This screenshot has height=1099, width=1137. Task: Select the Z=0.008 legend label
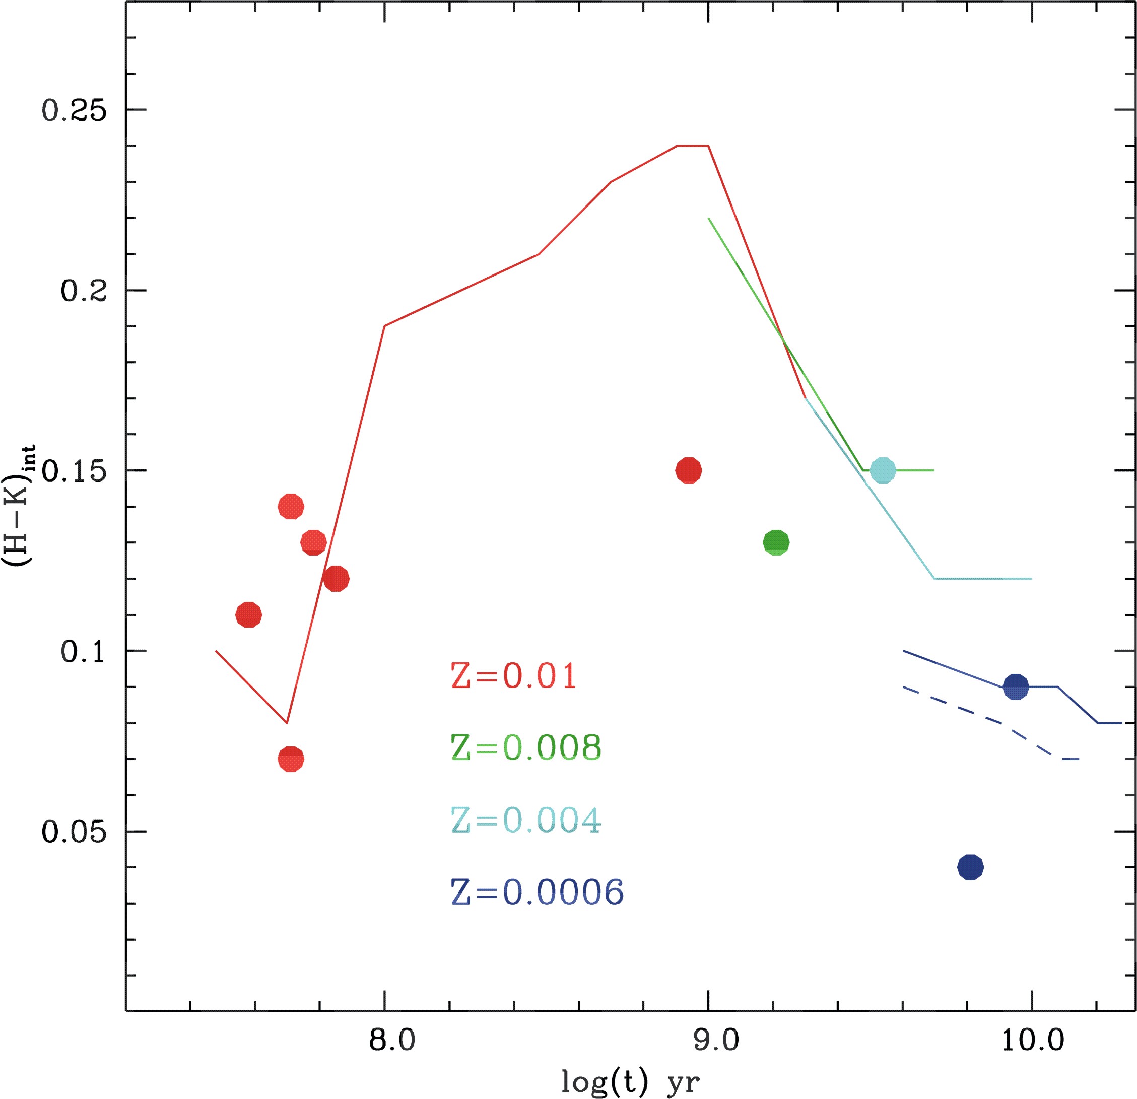(x=526, y=747)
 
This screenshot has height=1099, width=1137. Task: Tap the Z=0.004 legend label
(x=526, y=819)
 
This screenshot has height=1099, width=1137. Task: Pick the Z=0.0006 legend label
(x=537, y=892)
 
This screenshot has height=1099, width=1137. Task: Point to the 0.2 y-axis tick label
(x=85, y=291)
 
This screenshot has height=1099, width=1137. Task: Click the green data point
(x=776, y=543)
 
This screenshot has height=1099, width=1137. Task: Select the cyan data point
(x=883, y=470)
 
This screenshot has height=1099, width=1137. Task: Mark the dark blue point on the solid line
(x=1016, y=687)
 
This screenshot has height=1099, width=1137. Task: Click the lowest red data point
(x=291, y=759)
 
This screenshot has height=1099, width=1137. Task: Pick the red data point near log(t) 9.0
(x=689, y=470)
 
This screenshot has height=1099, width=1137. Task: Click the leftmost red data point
(x=249, y=615)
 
